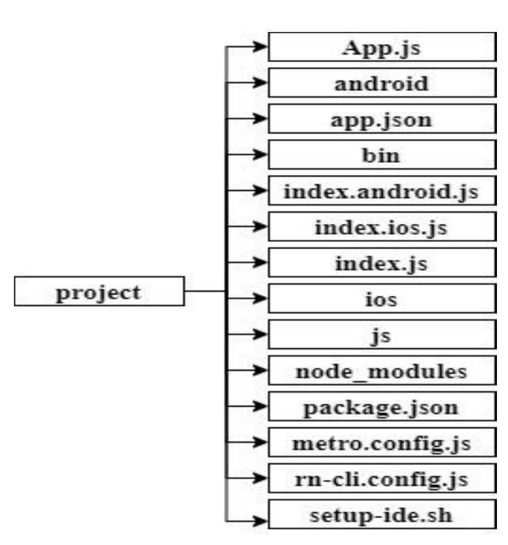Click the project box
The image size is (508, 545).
[99, 292]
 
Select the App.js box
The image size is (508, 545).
[381, 48]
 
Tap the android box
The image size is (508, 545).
[381, 83]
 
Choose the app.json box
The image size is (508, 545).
[381, 119]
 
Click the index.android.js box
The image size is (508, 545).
[381, 191]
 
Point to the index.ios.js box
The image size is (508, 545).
[381, 227]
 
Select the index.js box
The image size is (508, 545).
[381, 263]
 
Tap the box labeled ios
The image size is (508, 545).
[381, 300]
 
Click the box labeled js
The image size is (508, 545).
[381, 336]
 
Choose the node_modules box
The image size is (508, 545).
[381, 371]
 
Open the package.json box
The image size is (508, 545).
[381, 407]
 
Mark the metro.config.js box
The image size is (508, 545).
[381, 443]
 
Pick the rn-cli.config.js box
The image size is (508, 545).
[381, 479]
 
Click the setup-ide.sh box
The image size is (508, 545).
[381, 515]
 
